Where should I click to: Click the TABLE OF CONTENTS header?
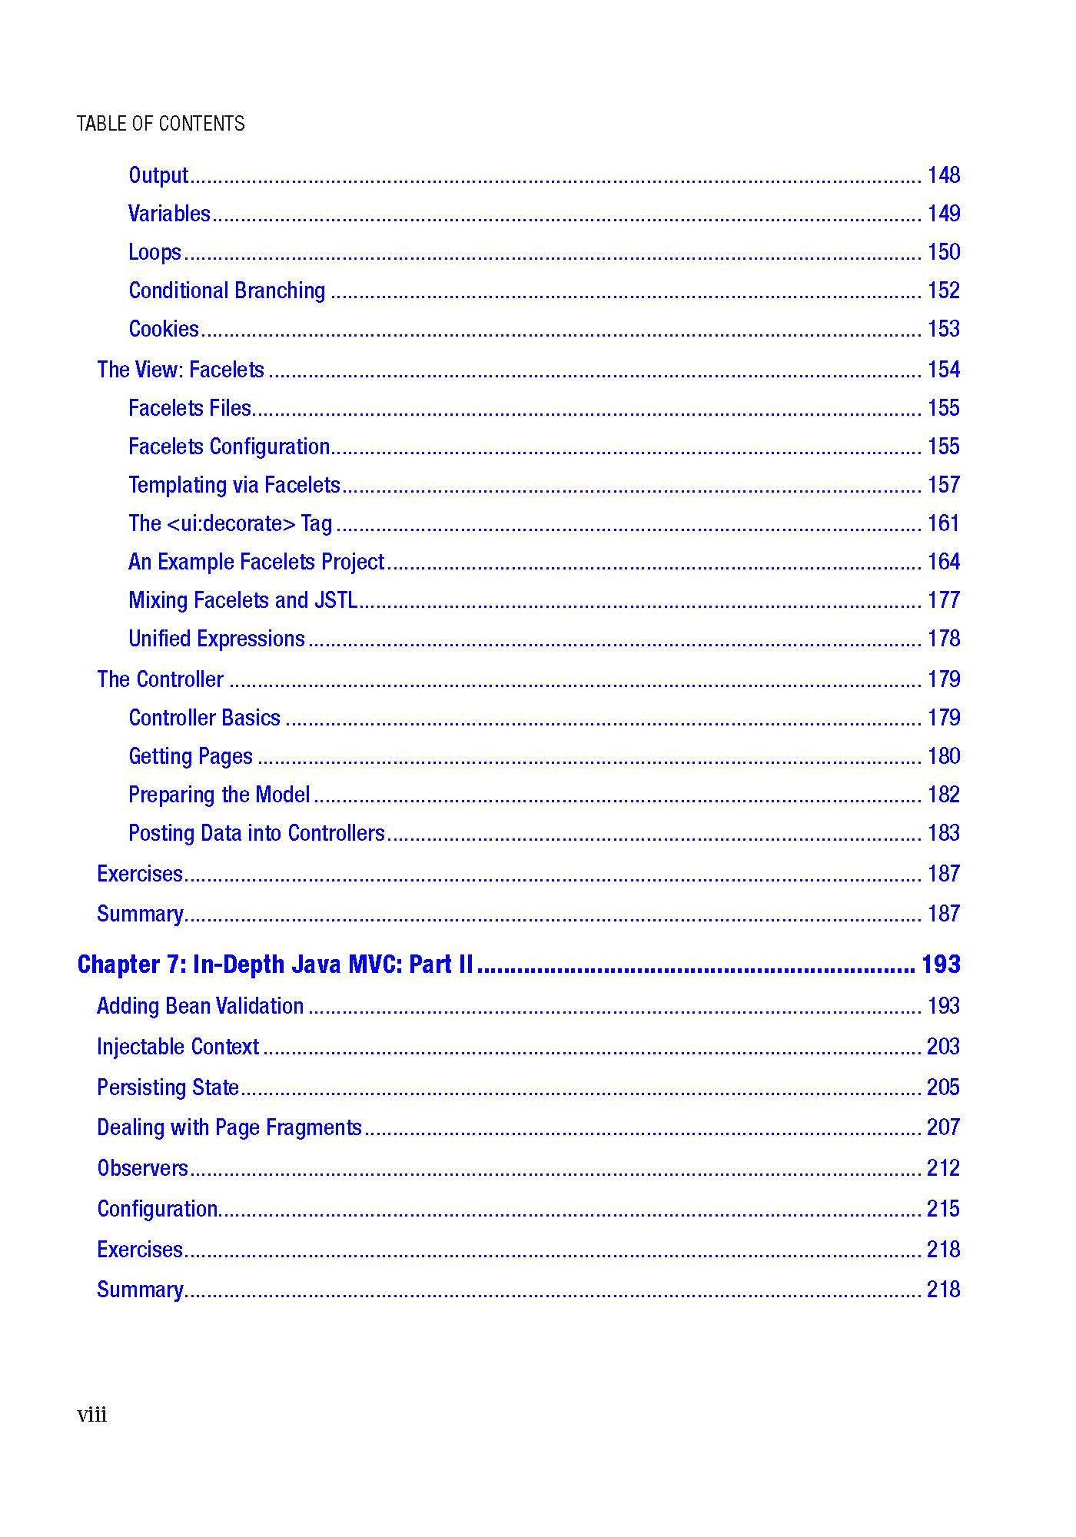pyautogui.click(x=161, y=124)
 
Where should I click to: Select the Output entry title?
pyautogui.click(x=158, y=176)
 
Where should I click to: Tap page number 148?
pyautogui.click(x=943, y=176)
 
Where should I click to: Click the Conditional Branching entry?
pyautogui.click(x=227, y=291)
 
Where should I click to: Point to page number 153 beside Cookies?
pyautogui.click(x=943, y=330)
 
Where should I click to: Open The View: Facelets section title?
pyautogui.click(x=181, y=370)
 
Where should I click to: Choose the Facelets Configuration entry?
pyautogui.click(x=229, y=447)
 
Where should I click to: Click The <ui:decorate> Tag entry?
pyautogui.click(x=230, y=524)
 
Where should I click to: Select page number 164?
pyautogui.click(x=943, y=563)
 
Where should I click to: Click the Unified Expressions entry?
pyautogui.click(x=217, y=639)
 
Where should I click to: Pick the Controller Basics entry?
pyautogui.click(x=204, y=719)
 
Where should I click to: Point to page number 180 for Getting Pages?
pyautogui.click(x=943, y=757)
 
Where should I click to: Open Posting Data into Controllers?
pyautogui.click(x=257, y=834)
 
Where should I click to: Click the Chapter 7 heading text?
pyautogui.click(x=275, y=965)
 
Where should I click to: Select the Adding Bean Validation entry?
pyautogui.click(x=200, y=1007)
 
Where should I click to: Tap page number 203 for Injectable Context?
pyautogui.click(x=943, y=1047)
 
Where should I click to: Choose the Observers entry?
pyautogui.click(x=142, y=1169)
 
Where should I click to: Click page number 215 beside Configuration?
pyautogui.click(x=943, y=1210)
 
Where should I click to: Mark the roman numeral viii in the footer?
pyautogui.click(x=91, y=1416)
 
